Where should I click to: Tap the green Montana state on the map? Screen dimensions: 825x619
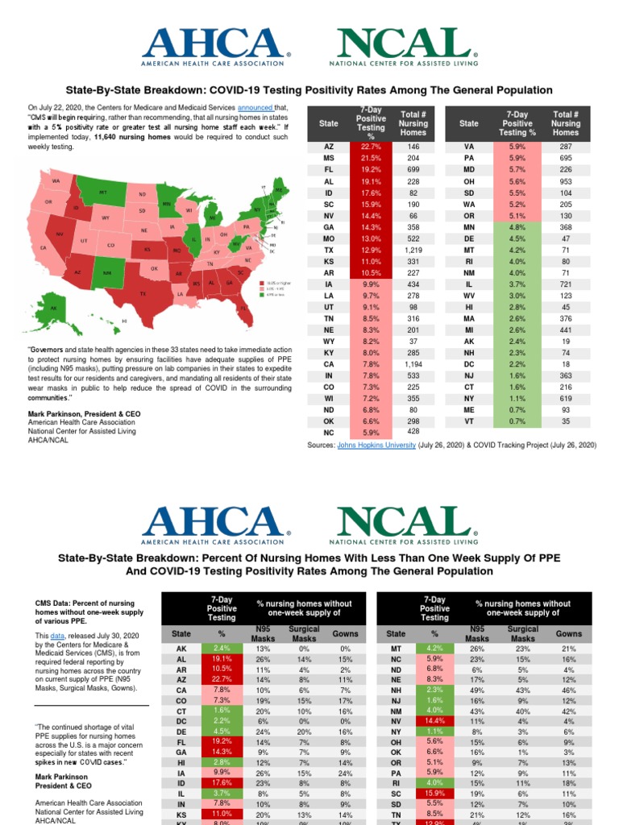103,193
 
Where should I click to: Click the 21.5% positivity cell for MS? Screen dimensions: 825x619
371,160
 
